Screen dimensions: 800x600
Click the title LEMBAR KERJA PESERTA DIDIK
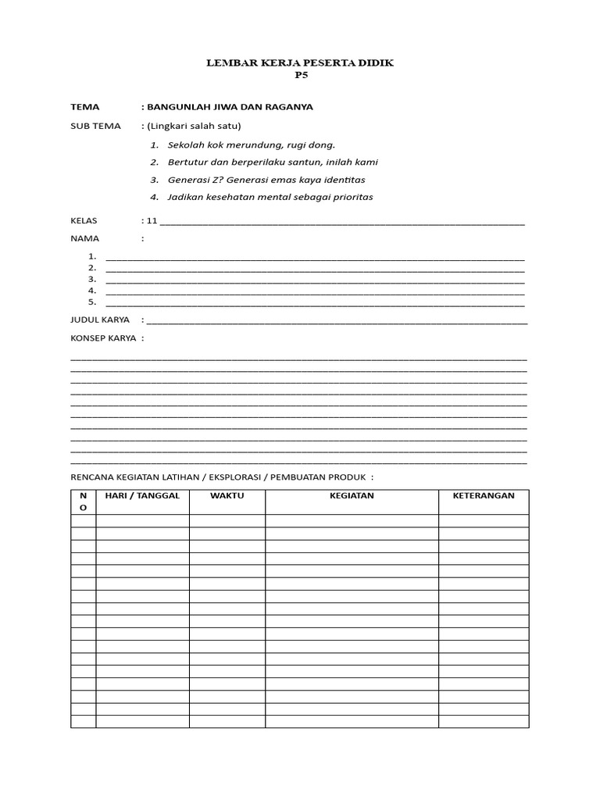coord(300,62)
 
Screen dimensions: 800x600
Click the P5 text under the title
coord(300,76)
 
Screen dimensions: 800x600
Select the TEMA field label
coord(85,107)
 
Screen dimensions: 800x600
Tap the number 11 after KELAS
coord(152,221)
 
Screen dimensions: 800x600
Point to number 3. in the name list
coord(92,279)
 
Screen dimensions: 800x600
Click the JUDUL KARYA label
coord(100,320)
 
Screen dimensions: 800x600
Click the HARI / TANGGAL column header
coord(142,496)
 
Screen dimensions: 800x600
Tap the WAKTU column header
coord(227,496)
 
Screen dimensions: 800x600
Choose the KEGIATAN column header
coord(352,496)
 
